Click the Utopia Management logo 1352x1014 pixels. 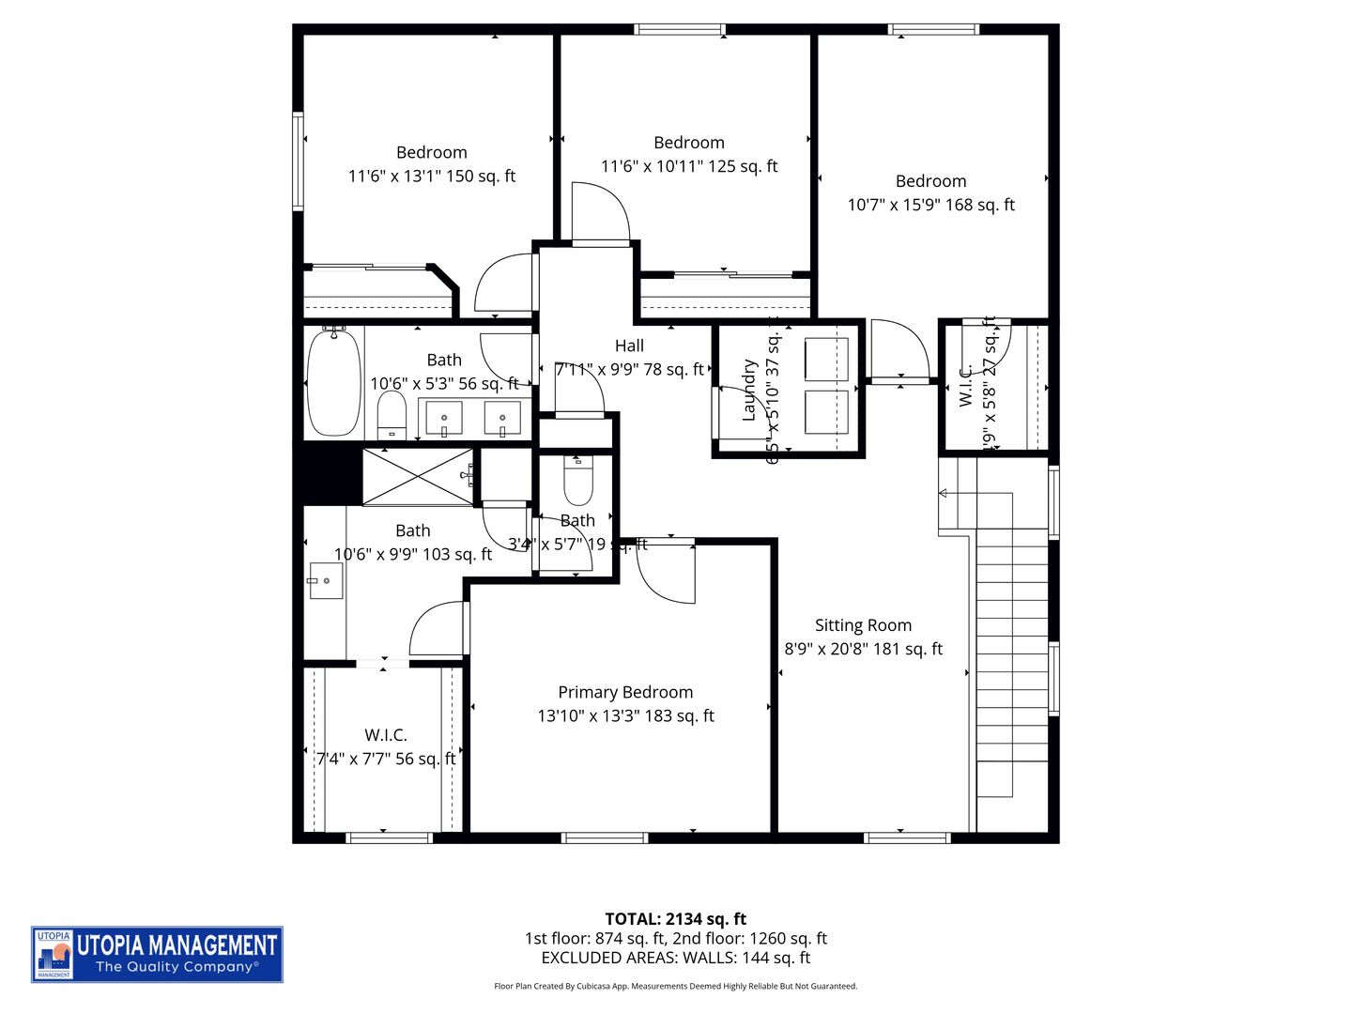pyautogui.click(x=157, y=954)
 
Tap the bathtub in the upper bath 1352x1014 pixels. pyautogui.click(x=333, y=382)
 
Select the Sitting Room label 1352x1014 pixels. pyautogui.click(x=863, y=625)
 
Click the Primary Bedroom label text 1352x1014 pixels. pyautogui.click(x=625, y=692)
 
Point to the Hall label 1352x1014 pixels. pyautogui.click(x=629, y=346)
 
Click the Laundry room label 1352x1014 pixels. pyautogui.click(x=749, y=390)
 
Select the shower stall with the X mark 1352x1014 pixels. pyautogui.click(x=419, y=477)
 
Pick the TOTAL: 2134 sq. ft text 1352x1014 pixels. pyautogui.click(x=675, y=918)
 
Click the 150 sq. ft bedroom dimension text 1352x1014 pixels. pyautogui.click(x=432, y=176)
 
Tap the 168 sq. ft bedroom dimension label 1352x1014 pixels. pyautogui.click(x=930, y=205)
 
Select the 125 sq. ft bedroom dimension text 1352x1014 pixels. pyautogui.click(x=689, y=166)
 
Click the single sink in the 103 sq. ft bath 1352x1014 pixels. pyautogui.click(x=326, y=581)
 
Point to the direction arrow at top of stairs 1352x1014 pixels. pyautogui.click(x=944, y=493)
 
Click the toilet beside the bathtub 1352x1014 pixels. pyautogui.click(x=392, y=413)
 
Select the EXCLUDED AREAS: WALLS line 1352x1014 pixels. pyautogui.click(x=675, y=958)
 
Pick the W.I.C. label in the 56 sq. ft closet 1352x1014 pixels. pyautogui.click(x=386, y=735)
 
